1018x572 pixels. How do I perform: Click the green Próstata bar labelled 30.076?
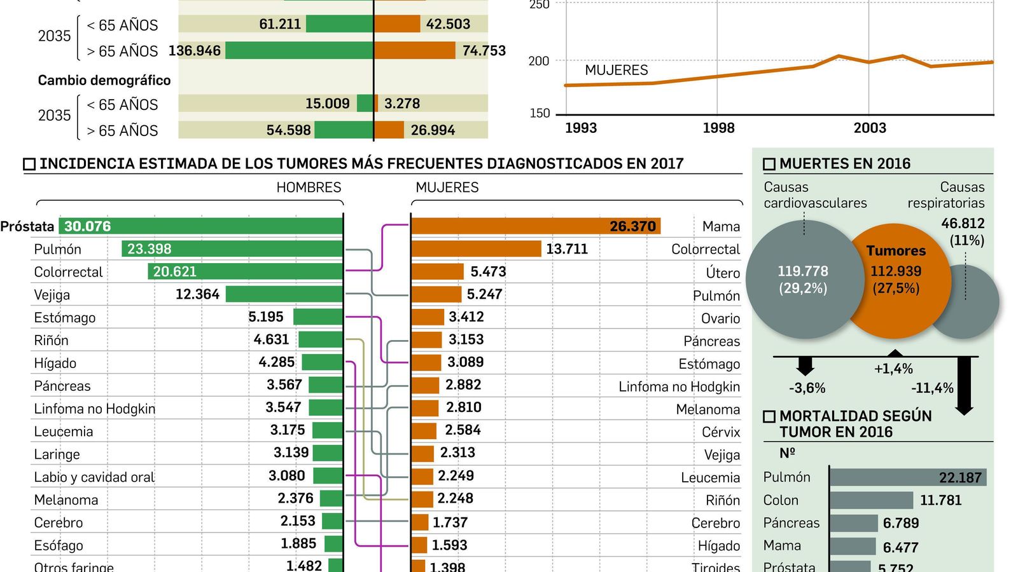pos(201,226)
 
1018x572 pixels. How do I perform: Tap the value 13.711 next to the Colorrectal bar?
pos(566,249)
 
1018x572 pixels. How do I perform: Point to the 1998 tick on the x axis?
pos(718,128)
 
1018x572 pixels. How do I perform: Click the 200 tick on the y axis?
pos(538,61)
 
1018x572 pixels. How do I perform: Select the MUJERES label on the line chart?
pos(616,70)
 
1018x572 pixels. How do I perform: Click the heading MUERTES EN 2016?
pos(844,163)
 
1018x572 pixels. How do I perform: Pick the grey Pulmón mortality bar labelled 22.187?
pos(907,477)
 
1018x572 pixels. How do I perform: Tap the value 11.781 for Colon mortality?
pos(940,500)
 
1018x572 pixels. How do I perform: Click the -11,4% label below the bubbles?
pos(932,388)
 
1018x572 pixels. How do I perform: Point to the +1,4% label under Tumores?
pos(893,369)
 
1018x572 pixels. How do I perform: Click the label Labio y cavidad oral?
pos(94,477)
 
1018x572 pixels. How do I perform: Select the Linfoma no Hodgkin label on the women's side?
pos(679,386)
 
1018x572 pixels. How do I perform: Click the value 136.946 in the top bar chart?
pos(195,51)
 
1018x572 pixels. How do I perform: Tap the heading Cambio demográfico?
pos(104,80)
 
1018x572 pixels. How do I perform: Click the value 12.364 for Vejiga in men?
pos(197,294)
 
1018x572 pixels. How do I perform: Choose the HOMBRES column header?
pos(309,187)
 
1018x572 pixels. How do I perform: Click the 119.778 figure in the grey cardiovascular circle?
pos(802,271)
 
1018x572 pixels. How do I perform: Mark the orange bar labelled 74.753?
pos(415,50)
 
